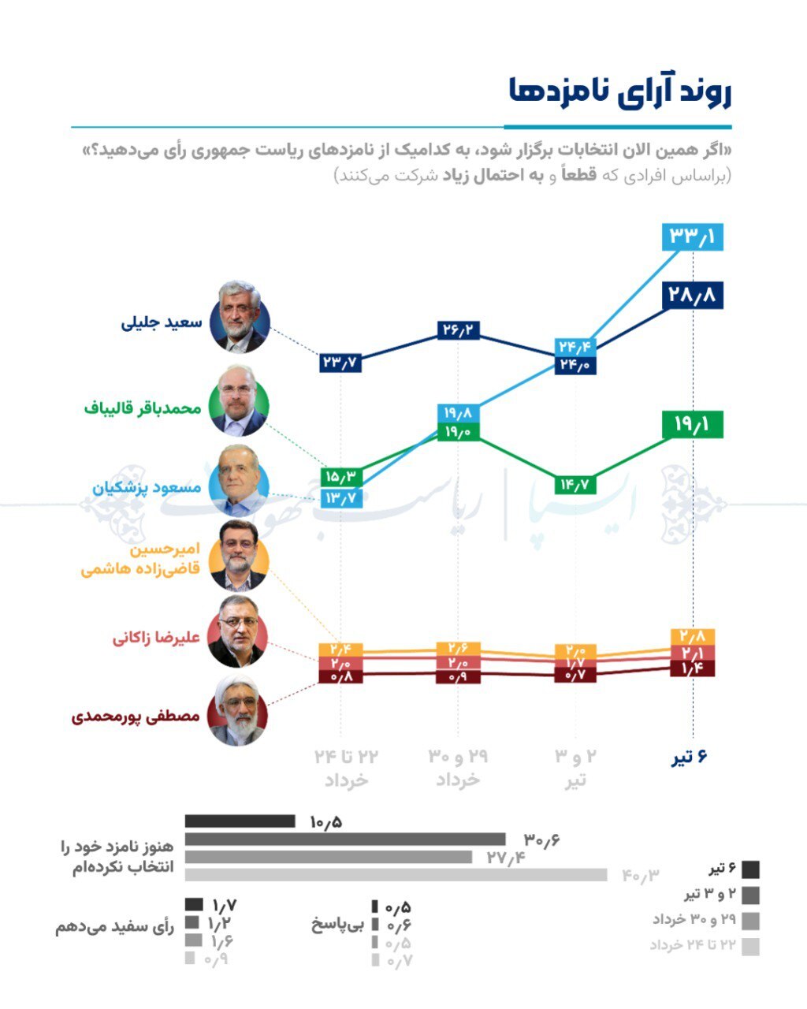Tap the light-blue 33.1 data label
click(x=693, y=236)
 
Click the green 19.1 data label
click(x=693, y=425)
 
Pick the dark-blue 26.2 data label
click(x=458, y=330)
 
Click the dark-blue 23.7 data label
click(x=340, y=363)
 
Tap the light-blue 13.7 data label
click(x=340, y=498)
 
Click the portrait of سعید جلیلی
click(x=240, y=316)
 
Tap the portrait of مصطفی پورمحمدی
click(x=237, y=710)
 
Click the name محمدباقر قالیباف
click(x=143, y=408)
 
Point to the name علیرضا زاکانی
click(x=156, y=638)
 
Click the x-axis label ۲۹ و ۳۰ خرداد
click(x=458, y=768)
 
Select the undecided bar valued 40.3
click(x=396, y=875)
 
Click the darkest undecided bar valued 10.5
click(x=240, y=821)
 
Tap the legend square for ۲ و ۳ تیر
click(x=750, y=895)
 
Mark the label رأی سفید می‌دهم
click(x=114, y=927)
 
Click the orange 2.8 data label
click(x=693, y=636)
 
